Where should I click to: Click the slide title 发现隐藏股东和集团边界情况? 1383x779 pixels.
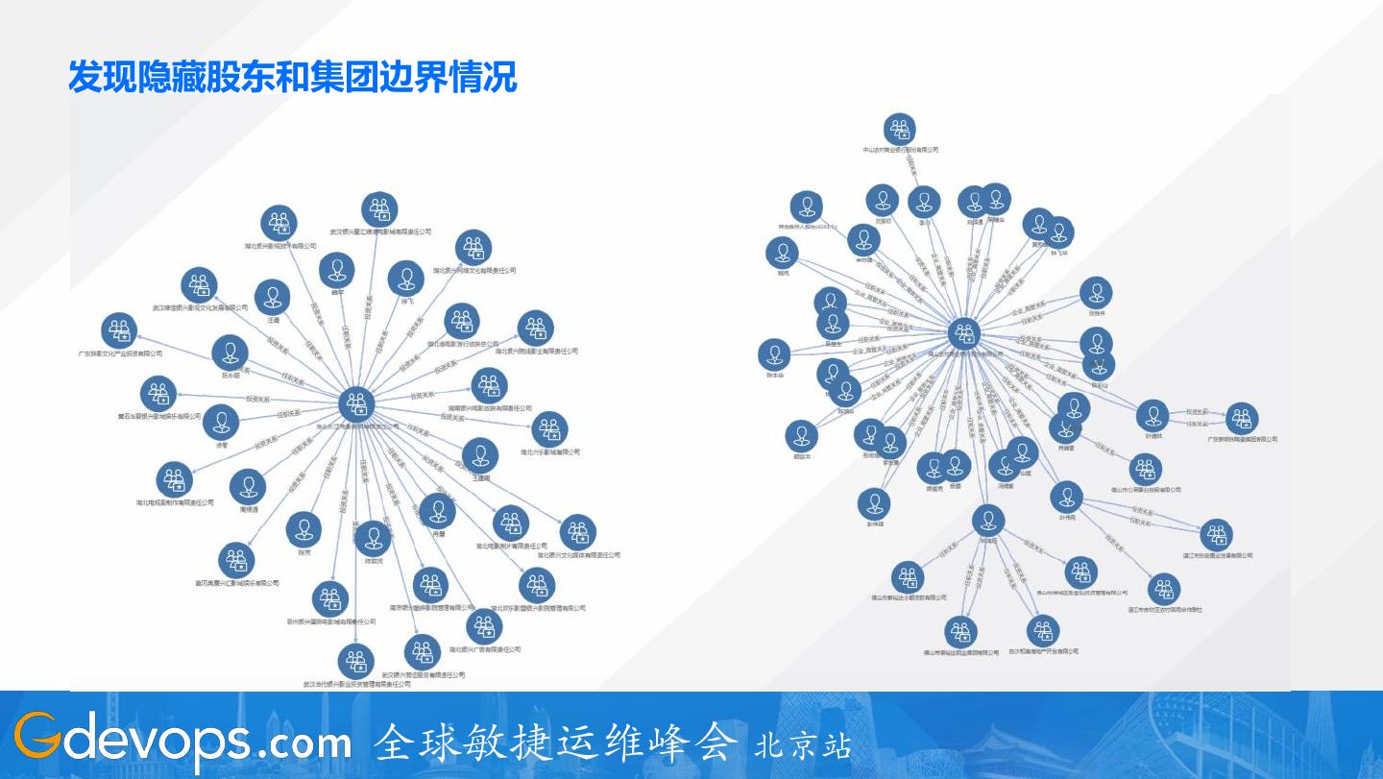click(x=292, y=76)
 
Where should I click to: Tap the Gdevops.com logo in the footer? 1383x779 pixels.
click(x=182, y=742)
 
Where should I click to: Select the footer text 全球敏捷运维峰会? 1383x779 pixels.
click(x=556, y=742)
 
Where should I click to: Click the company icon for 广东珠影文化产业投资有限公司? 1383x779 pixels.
click(x=119, y=331)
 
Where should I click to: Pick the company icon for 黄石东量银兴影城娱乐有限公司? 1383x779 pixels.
click(x=158, y=394)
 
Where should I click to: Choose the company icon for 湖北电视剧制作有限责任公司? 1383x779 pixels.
click(x=175, y=479)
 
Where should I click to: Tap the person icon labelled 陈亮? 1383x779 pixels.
click(x=304, y=529)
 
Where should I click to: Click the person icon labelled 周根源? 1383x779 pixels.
click(x=248, y=487)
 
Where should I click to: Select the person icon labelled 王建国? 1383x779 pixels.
click(x=479, y=455)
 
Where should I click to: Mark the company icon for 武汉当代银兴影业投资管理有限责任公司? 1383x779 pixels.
click(x=356, y=662)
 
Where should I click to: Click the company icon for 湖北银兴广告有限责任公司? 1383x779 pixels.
click(x=483, y=627)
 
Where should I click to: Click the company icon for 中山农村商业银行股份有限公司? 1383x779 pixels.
click(x=900, y=129)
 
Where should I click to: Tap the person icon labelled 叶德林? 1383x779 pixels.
click(x=1152, y=416)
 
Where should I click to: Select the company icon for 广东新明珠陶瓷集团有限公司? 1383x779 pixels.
click(x=1242, y=418)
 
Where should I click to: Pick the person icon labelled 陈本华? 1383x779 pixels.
click(x=774, y=354)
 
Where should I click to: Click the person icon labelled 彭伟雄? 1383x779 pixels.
click(x=873, y=504)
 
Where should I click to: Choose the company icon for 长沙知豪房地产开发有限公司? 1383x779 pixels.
click(x=1043, y=631)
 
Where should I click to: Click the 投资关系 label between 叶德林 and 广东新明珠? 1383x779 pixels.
click(x=1198, y=410)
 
